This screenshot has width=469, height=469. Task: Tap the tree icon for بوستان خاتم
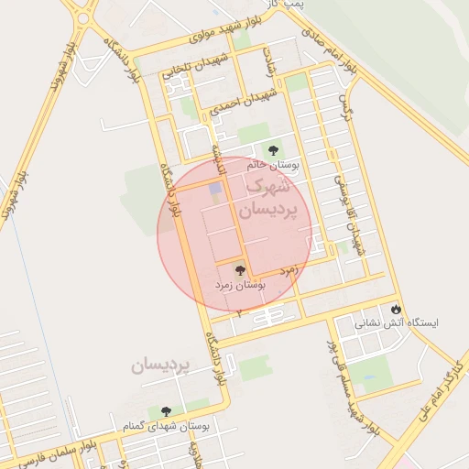pos(272,149)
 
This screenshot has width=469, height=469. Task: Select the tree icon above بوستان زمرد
pos(240,270)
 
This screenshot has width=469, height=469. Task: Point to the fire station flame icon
pos(396,309)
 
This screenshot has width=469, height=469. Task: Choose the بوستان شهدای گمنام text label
pos(166,426)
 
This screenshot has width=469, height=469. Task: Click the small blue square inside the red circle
pos(215,190)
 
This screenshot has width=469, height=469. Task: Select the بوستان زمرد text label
pos(240,286)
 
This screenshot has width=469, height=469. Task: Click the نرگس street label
pos(347,106)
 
